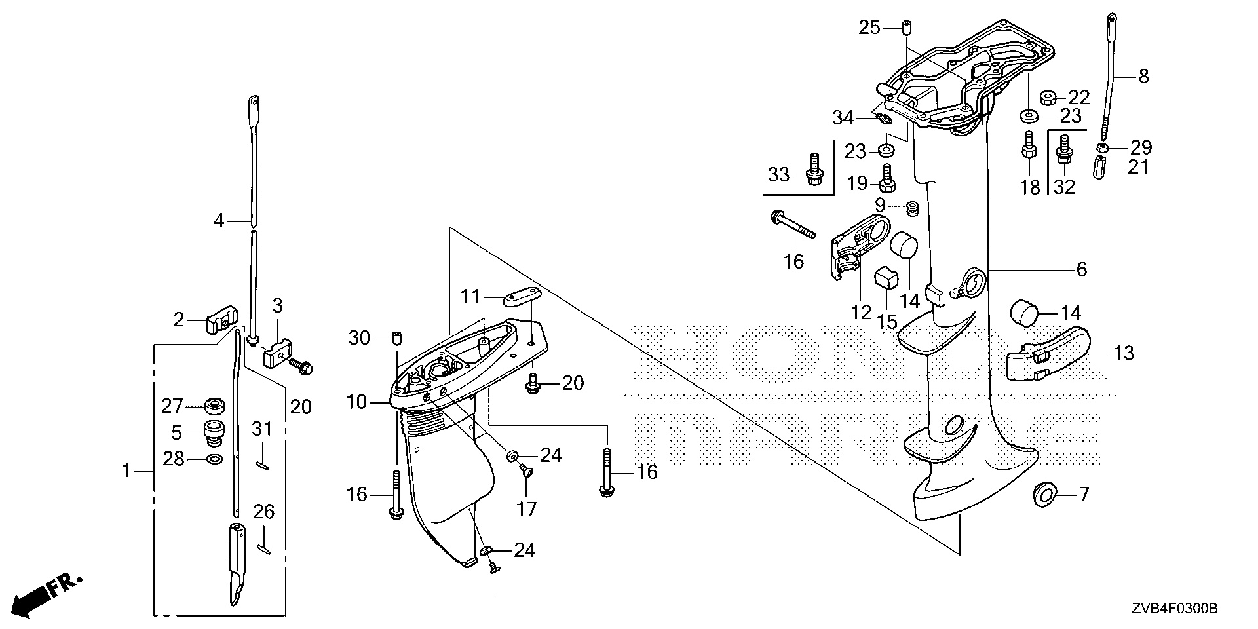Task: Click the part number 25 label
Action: coord(871,28)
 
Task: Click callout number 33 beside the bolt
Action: coord(779,174)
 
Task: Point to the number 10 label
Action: coord(357,402)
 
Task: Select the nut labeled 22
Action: coord(1046,98)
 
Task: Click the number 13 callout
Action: coord(1123,354)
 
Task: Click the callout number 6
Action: coord(1081,269)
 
